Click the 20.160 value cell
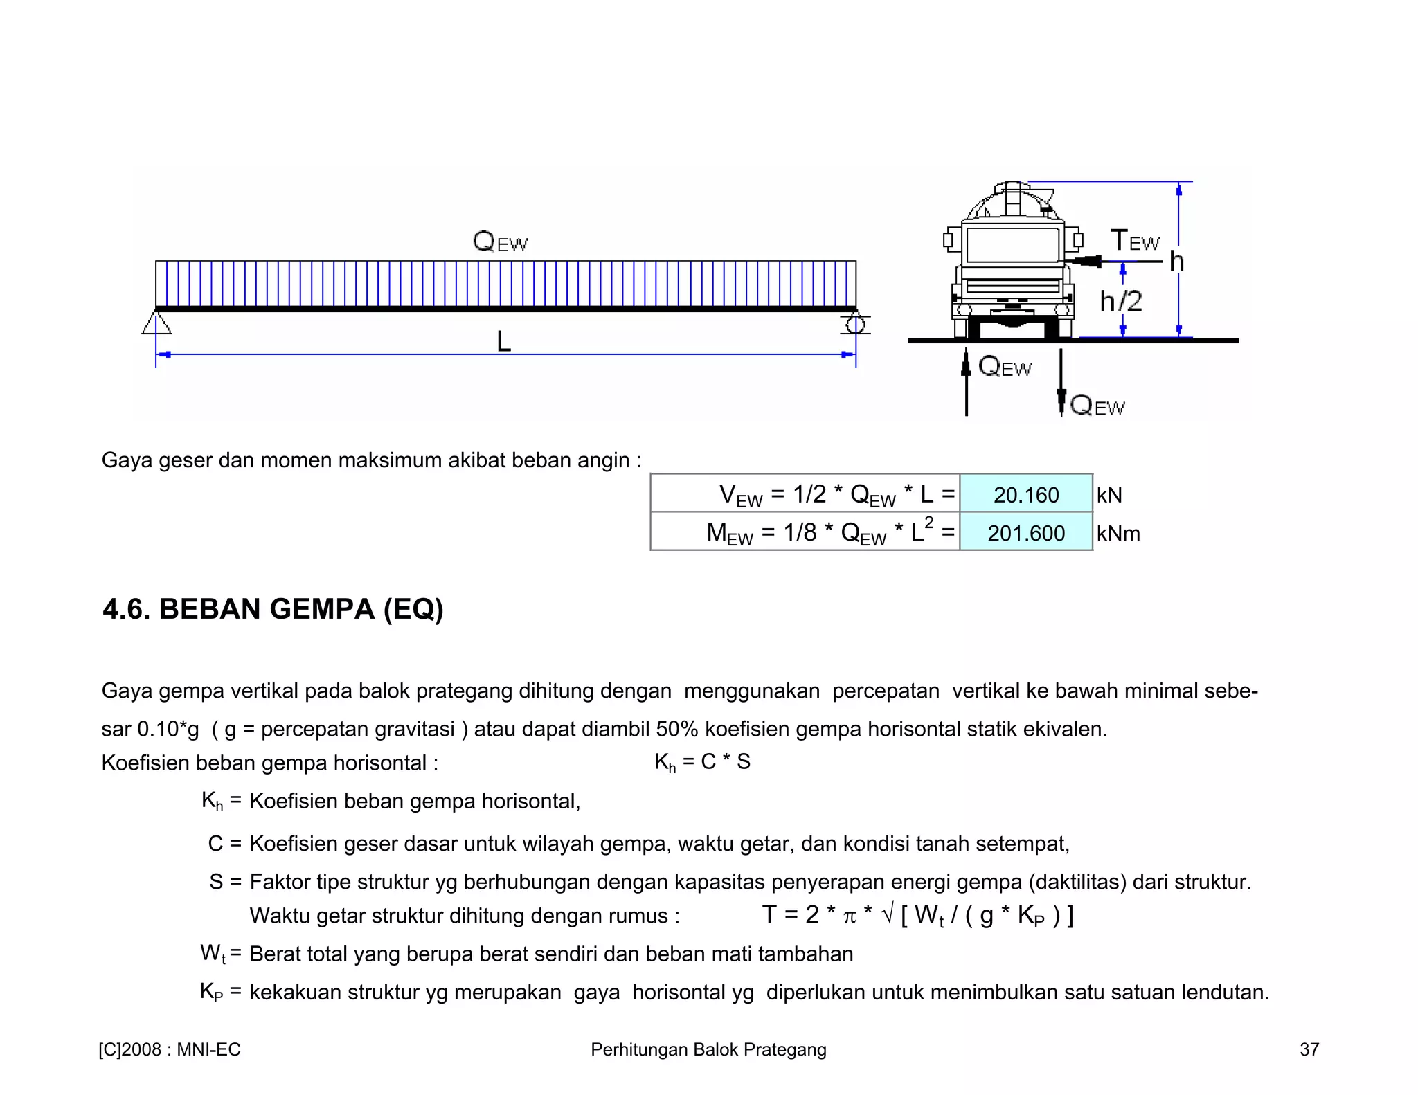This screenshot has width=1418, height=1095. click(x=1025, y=494)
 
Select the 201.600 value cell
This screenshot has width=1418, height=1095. click(x=1025, y=532)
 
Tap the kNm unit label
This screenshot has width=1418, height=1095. click(x=1118, y=534)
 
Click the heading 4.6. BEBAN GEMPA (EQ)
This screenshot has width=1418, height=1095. click(x=273, y=609)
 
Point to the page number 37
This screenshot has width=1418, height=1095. click(x=1309, y=1049)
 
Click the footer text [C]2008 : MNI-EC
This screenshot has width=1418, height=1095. click(x=170, y=1049)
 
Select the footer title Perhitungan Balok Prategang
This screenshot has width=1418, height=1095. click(x=708, y=1049)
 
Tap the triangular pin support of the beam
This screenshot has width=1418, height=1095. click(x=157, y=323)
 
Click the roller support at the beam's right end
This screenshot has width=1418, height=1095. click(x=856, y=324)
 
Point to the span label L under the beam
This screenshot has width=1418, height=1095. click(x=503, y=341)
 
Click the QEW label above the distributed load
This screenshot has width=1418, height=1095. click(x=500, y=242)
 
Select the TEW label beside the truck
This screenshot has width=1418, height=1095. click(x=1135, y=241)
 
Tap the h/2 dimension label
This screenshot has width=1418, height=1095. click(x=1120, y=301)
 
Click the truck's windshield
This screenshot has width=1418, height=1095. click(x=1012, y=244)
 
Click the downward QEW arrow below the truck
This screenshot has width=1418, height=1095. click(x=1061, y=381)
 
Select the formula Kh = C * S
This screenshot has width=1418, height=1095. click(x=702, y=762)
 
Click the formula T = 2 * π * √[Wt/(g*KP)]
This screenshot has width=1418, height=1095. click(x=917, y=915)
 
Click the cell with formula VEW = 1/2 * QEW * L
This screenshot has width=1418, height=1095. click(x=805, y=494)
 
